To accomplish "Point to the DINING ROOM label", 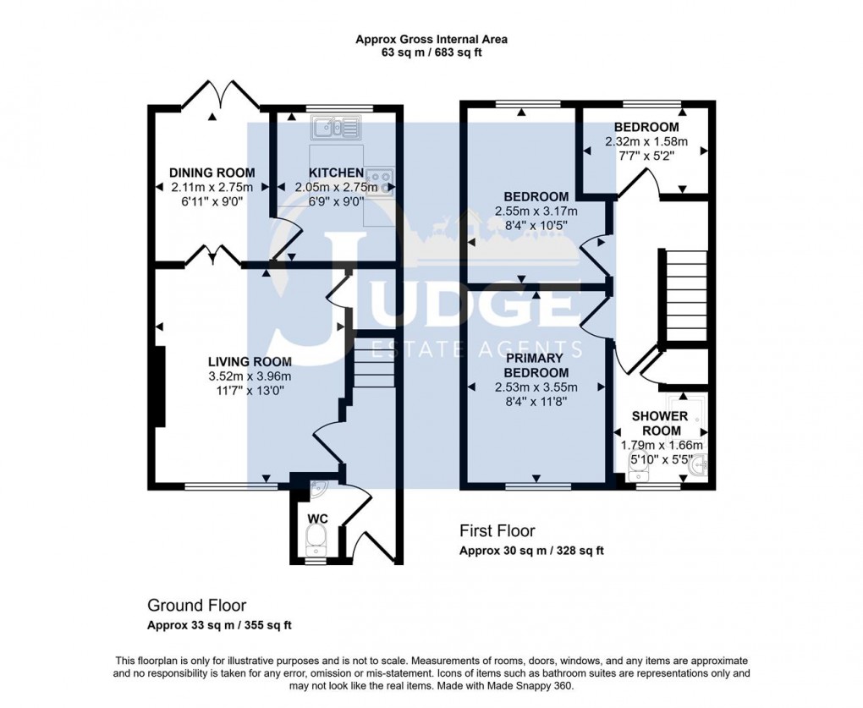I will click(212, 173).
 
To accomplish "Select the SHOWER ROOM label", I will click(660, 423).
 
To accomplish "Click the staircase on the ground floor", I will click(374, 363).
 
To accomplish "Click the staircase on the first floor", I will click(686, 294).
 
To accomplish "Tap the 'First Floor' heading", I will click(497, 531).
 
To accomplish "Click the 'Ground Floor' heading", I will click(196, 606).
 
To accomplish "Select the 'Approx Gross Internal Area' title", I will click(431, 39).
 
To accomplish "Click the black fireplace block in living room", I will click(160, 387).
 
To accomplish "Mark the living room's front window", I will click(231, 486).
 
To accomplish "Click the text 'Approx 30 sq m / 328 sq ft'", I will click(531, 551).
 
